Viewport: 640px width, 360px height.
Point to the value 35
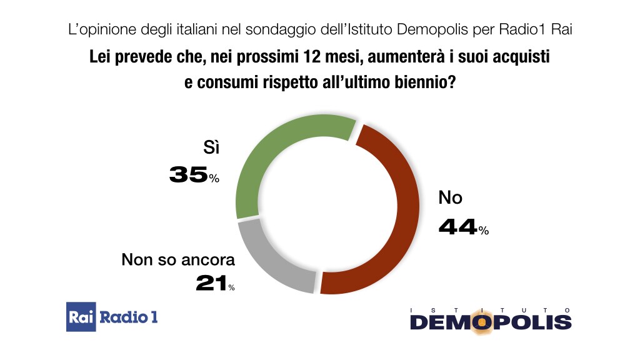[x=188, y=176]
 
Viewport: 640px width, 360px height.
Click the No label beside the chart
[x=450, y=198]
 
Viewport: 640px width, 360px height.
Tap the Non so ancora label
[x=178, y=259]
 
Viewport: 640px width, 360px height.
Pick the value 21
[x=211, y=284]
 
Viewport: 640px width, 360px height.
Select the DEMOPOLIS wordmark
[x=491, y=322]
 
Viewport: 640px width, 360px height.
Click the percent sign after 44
[x=483, y=231]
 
